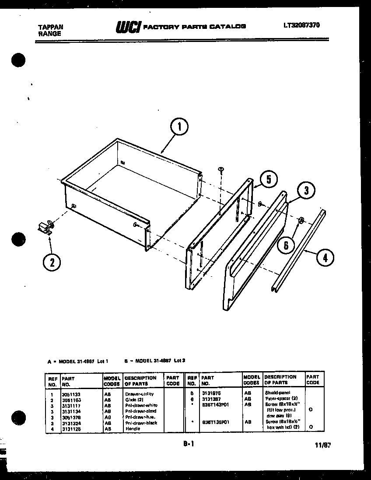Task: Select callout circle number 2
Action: click(x=52, y=262)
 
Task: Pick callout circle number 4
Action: click(x=325, y=257)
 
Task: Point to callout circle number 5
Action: click(x=268, y=179)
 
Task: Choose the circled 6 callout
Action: click(x=286, y=245)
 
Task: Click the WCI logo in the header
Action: click(x=128, y=27)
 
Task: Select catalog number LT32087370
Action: click(x=301, y=25)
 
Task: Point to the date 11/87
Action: click(x=322, y=445)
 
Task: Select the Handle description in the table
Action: click(x=133, y=429)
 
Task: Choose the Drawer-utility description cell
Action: click(x=139, y=394)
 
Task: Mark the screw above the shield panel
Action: click(x=221, y=169)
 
